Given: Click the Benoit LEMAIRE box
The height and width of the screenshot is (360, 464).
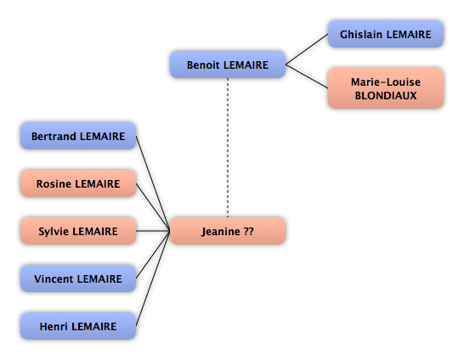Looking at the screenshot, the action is (x=228, y=65).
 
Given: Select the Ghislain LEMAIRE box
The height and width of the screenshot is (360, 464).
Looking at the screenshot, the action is (x=386, y=34).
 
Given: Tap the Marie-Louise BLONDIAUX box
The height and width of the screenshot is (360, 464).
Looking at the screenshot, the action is (x=386, y=88).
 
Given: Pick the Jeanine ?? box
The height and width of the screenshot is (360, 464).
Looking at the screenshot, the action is (x=228, y=231).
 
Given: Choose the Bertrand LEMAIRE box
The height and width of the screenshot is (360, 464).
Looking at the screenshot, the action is (x=78, y=136).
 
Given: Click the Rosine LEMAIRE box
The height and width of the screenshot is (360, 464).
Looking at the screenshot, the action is (x=78, y=183).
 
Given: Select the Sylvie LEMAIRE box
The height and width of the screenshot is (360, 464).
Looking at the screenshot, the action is (x=78, y=231).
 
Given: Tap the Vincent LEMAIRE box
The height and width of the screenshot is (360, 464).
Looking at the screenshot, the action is (x=78, y=278).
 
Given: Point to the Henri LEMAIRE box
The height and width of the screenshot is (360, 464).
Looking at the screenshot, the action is (x=78, y=326).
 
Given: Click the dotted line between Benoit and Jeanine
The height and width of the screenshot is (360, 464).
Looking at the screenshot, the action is (x=228, y=148).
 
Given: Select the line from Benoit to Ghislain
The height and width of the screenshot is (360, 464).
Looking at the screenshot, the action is (x=307, y=49).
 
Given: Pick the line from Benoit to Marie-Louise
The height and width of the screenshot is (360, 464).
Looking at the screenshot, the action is (x=307, y=76).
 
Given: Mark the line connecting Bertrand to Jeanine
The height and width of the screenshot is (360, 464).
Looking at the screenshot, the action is (x=153, y=183).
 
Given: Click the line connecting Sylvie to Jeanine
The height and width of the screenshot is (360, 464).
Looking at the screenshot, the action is (x=153, y=231).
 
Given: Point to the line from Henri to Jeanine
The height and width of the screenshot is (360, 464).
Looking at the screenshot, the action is (x=153, y=278).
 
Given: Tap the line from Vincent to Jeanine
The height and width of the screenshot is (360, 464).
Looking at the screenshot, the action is (x=153, y=255).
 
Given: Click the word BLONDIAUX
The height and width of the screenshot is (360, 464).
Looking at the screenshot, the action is (x=386, y=95).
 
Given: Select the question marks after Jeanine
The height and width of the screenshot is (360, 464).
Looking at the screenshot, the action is (x=249, y=231).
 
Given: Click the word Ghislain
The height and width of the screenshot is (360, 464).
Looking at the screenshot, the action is (x=361, y=34).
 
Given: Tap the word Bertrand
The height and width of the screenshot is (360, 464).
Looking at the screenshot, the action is (x=54, y=136).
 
